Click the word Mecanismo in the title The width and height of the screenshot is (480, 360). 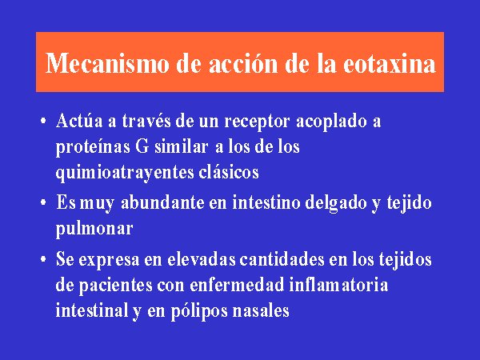pos(107,62)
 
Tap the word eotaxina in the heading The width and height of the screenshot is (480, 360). pos(390,63)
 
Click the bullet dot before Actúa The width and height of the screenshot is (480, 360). pos(43,120)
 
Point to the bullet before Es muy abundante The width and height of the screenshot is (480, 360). pos(43,202)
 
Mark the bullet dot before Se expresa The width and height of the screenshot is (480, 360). pos(43,259)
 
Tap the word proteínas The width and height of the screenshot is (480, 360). pos(93,147)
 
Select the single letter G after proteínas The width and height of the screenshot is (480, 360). pos(142,146)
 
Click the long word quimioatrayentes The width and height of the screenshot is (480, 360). pos(125,173)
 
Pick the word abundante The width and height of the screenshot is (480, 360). pos(162,202)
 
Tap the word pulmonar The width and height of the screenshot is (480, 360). pos(94,229)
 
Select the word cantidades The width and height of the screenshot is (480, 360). pos(282,259)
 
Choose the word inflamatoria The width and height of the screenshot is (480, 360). pos(339,285)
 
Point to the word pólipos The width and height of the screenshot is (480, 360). pos(199,311)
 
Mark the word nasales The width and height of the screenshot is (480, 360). pos(261,310)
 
